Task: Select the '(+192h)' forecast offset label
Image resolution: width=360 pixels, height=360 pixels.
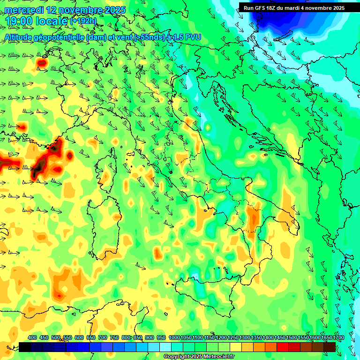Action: [83, 21]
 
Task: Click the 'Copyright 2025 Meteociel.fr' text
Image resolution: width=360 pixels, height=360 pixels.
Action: [199, 357]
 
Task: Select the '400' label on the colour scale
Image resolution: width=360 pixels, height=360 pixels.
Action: [32, 337]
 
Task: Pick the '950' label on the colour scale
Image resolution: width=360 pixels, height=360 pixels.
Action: [161, 337]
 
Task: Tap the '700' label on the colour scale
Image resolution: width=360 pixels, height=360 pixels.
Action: [102, 337]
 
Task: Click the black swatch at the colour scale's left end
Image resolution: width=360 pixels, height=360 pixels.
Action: [24, 347]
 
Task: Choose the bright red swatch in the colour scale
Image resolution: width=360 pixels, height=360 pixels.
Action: [283, 347]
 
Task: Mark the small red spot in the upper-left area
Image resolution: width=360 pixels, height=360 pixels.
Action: [42, 62]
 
